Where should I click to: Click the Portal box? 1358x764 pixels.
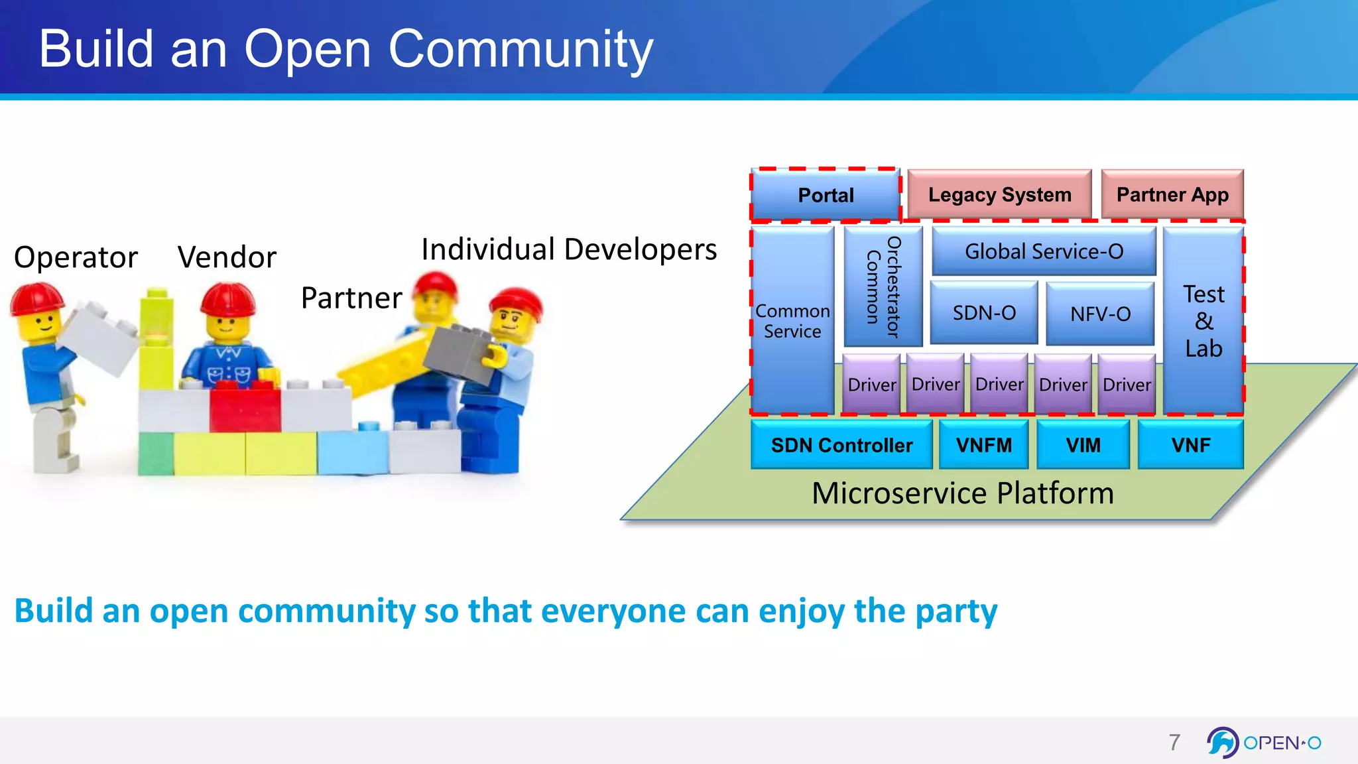pos(826,195)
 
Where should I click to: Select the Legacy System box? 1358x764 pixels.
pos(999,194)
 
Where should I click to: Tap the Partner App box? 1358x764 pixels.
pos(1172,194)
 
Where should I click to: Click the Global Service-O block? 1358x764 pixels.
pos(1044,251)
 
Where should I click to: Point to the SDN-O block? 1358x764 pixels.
pos(984,312)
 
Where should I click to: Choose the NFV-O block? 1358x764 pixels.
pos(1100,314)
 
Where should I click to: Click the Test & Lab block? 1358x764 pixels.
pos(1203,321)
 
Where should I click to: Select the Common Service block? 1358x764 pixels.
pos(792,321)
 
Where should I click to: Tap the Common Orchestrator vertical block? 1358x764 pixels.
pos(883,286)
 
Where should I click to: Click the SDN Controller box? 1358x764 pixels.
pos(841,445)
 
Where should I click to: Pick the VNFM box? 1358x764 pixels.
pos(983,445)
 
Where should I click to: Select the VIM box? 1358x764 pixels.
pos(1083,445)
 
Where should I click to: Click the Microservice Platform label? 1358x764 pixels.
pos(962,493)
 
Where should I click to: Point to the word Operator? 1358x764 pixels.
pos(76,257)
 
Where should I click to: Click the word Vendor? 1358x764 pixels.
pos(227,257)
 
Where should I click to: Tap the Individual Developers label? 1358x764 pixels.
pos(568,250)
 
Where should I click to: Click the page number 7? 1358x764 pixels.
pos(1174,742)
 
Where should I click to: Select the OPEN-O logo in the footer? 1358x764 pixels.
pos(1263,742)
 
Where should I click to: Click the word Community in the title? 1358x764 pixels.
pos(521,49)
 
